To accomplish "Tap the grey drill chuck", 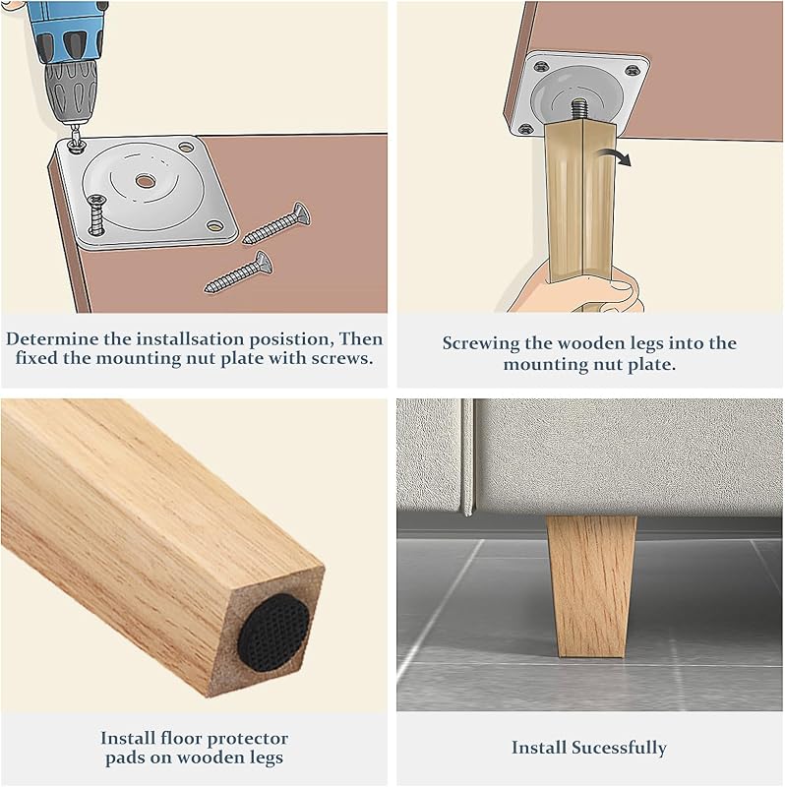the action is (71, 92).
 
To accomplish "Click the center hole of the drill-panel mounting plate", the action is (145, 181).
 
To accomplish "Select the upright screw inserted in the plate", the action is (96, 214).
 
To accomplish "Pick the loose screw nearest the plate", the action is (276, 223).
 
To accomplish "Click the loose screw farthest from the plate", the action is (239, 272).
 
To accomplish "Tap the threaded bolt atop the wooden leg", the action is (579, 109).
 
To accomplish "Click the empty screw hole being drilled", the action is (77, 147).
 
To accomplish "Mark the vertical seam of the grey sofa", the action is (467, 457).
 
